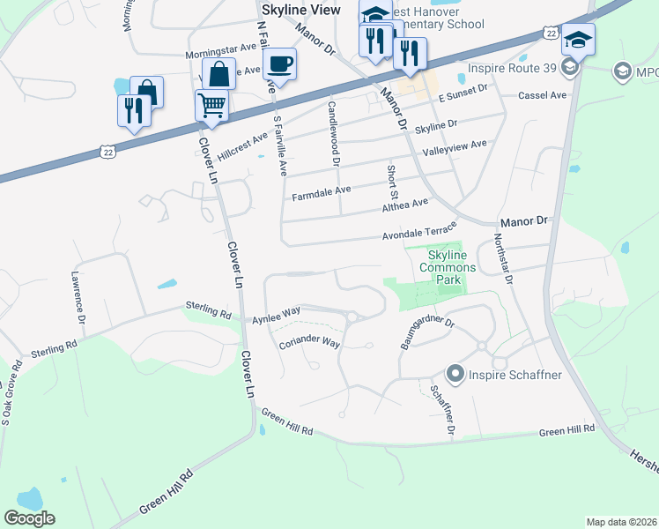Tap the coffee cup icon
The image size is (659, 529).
(279, 64)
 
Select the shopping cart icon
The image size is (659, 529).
(211, 105)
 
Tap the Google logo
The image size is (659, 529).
(29, 518)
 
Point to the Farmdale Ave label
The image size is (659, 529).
(322, 190)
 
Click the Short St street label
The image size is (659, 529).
(393, 181)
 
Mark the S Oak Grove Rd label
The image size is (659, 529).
(11, 393)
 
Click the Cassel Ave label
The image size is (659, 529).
(543, 95)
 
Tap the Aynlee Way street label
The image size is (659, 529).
(277, 314)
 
